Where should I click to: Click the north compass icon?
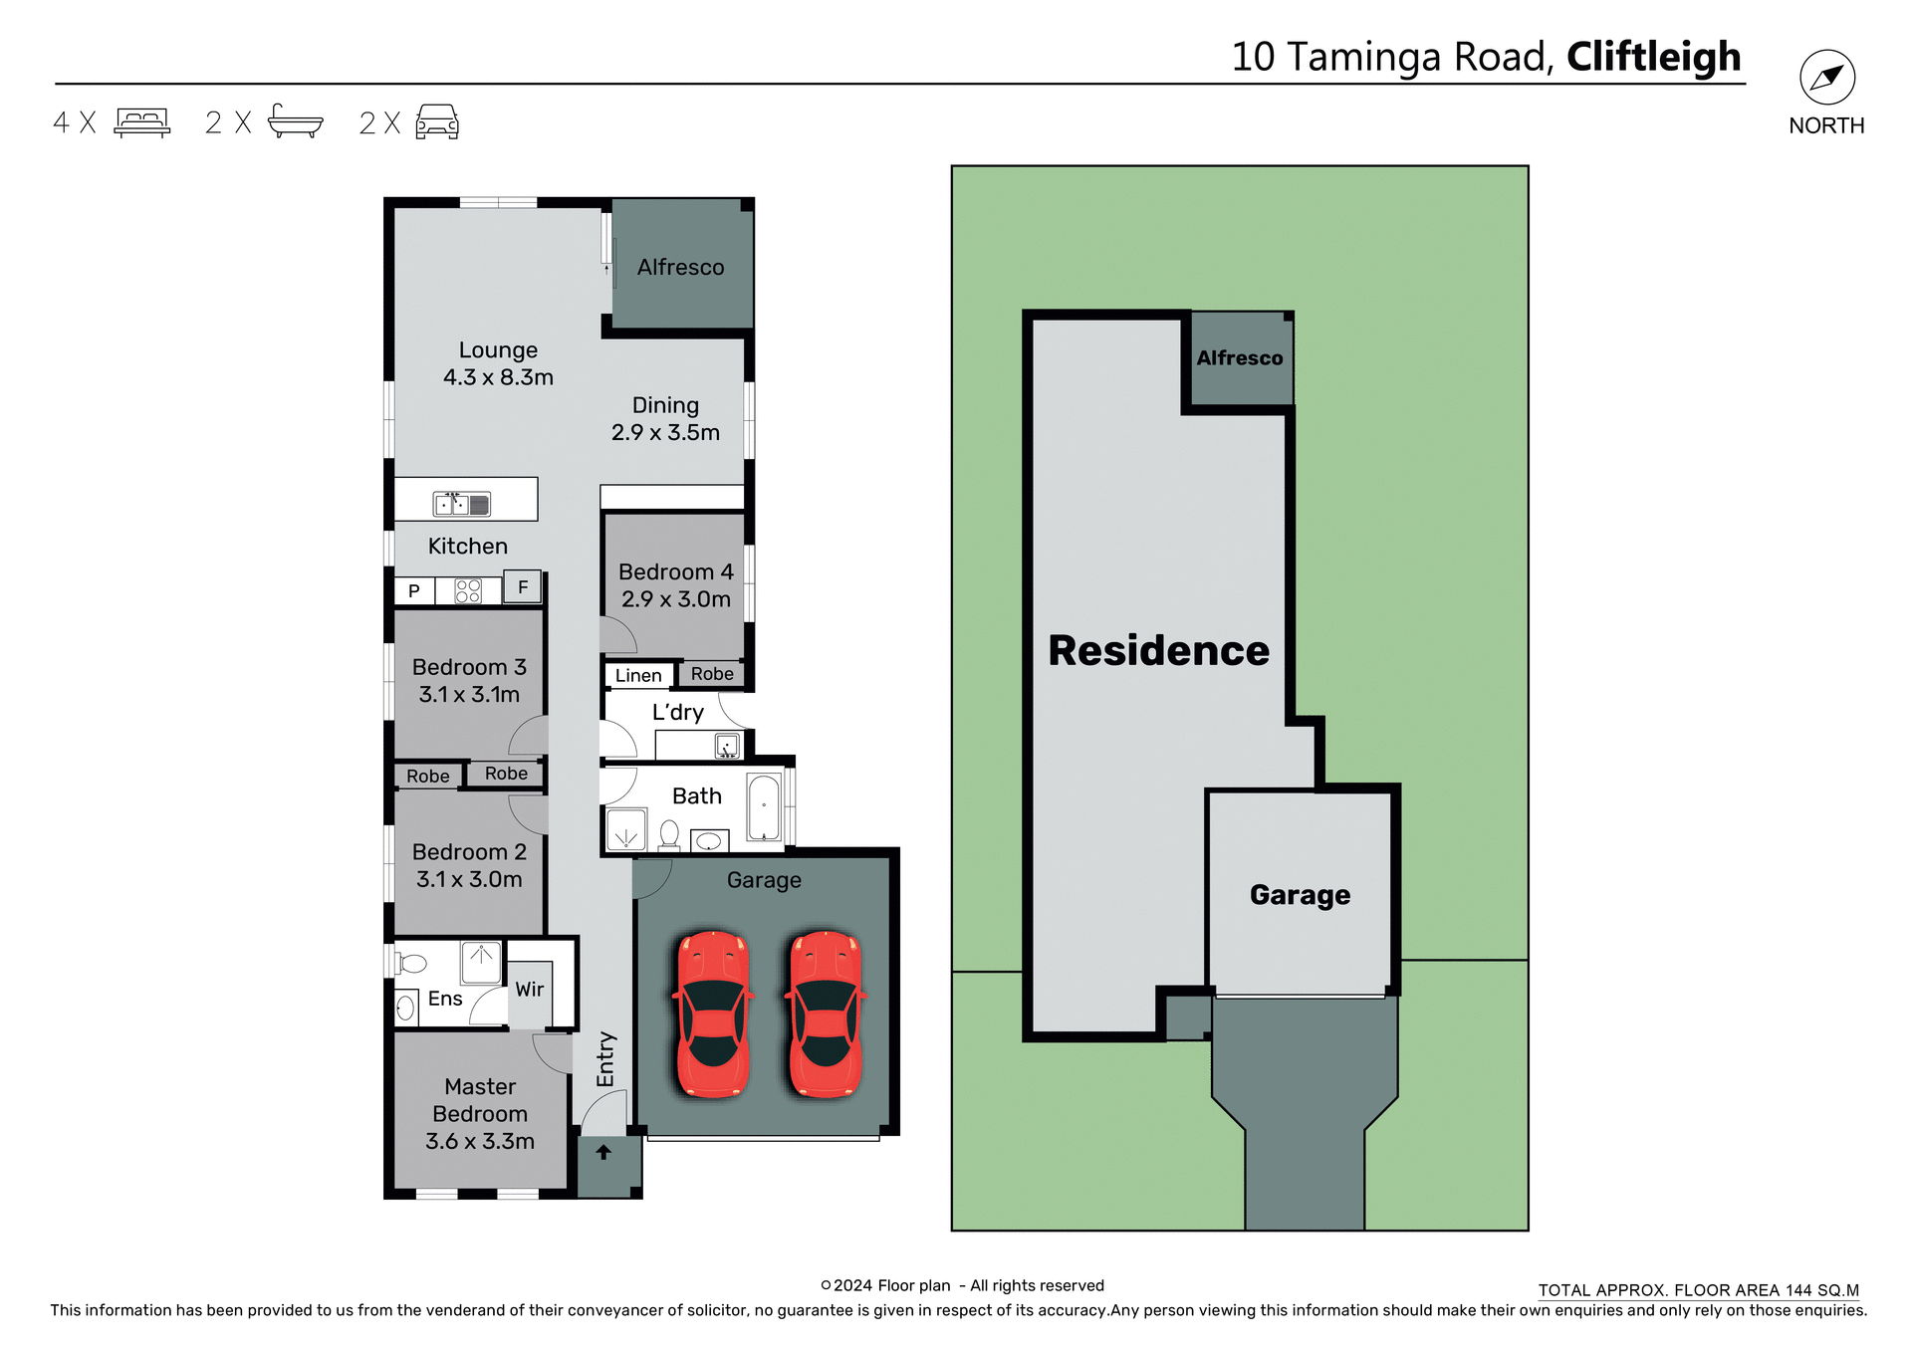point(1826,78)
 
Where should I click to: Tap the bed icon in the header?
point(142,122)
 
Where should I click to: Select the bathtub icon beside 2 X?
point(295,121)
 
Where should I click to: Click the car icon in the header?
point(437,121)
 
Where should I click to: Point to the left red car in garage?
point(712,1014)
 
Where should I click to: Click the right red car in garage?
point(826,1014)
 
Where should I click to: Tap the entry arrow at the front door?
point(603,1153)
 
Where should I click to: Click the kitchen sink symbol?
point(461,504)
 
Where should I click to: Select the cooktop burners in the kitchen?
point(468,591)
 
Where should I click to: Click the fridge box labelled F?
point(523,587)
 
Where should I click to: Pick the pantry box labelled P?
point(414,591)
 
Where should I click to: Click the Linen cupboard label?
point(638,676)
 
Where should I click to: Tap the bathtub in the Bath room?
point(764,807)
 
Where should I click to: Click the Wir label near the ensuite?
point(530,990)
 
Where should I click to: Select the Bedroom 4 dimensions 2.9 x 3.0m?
point(676,599)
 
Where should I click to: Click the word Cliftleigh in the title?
point(1653,57)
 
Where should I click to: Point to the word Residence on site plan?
point(1158,651)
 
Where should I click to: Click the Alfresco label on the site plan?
point(1240,358)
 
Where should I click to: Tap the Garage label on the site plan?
point(1300,895)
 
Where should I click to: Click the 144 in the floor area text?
point(1798,1290)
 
